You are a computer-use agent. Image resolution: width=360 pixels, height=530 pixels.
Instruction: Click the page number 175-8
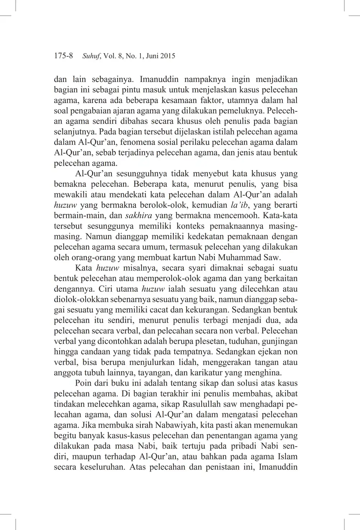63,56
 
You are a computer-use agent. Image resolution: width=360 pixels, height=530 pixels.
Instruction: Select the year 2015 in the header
167,56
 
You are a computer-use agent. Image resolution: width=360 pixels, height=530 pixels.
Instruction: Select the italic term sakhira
138,216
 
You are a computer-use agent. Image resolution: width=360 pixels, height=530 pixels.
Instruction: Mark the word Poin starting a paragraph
83,383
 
